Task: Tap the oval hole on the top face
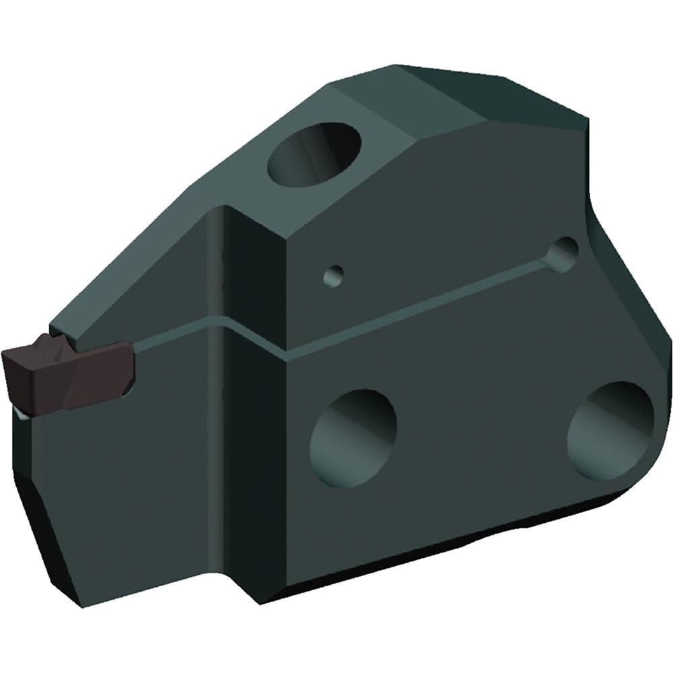pyautogui.click(x=315, y=153)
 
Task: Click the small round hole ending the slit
pyautogui.click(x=563, y=254)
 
